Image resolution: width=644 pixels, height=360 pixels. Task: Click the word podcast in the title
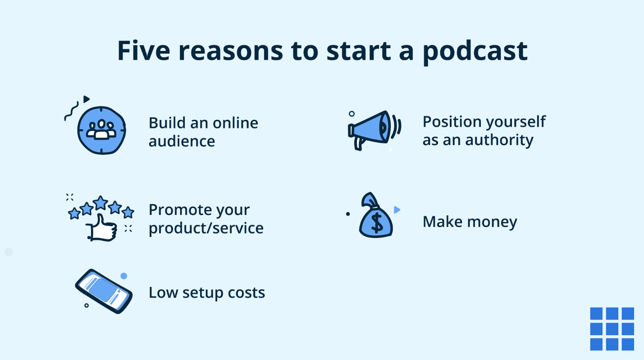tap(475, 51)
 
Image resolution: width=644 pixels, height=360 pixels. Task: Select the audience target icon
tap(101, 130)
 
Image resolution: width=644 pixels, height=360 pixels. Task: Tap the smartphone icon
tap(103, 291)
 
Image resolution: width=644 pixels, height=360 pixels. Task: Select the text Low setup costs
tap(207, 293)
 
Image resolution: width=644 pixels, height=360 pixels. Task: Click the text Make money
tap(470, 222)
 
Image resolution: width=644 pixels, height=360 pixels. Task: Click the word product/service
tap(206, 228)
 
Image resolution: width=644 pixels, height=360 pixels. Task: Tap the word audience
tap(182, 141)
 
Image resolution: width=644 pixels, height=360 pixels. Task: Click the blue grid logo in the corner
tap(612, 329)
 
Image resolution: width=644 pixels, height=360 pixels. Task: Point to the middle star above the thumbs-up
tap(100, 203)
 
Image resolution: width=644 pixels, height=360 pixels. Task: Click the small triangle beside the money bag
tap(397, 210)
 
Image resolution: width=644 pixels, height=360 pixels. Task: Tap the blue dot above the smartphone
tap(123, 276)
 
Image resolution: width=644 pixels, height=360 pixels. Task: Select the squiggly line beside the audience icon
tap(70, 111)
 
